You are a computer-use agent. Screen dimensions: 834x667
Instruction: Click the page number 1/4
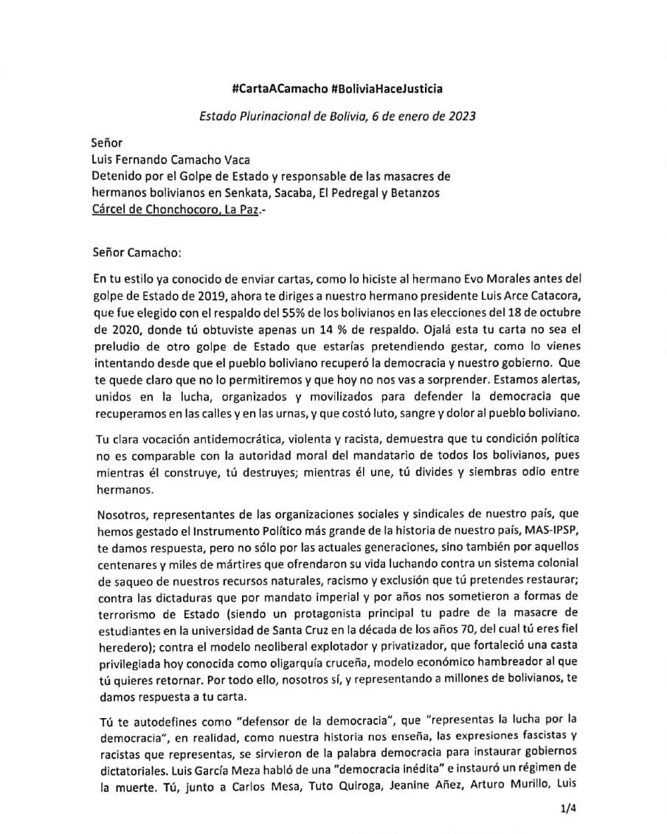click(x=568, y=809)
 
